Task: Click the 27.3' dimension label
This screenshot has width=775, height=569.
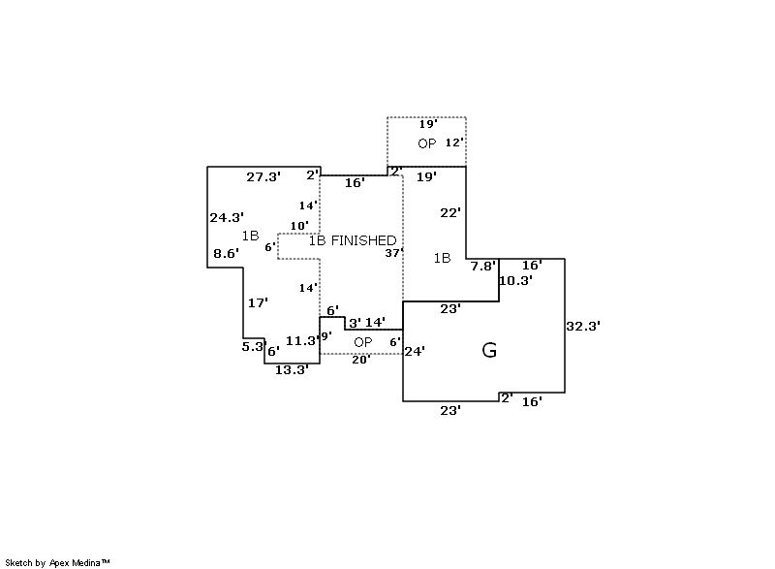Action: point(263,177)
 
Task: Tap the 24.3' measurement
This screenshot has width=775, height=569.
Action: point(227,218)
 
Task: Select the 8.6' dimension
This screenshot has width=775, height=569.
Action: point(226,254)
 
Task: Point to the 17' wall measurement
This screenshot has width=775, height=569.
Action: point(258,303)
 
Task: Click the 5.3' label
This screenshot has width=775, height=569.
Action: point(253,346)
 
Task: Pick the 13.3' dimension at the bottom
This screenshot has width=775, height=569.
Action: point(292,369)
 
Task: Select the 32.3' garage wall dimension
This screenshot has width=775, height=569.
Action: point(583,328)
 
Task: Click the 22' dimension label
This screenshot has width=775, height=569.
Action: point(450,213)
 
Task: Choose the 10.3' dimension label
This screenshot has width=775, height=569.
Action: point(515,281)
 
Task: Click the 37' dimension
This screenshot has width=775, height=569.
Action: point(392,253)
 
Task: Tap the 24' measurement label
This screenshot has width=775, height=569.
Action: point(415,351)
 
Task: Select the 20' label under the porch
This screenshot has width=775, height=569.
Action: point(360,360)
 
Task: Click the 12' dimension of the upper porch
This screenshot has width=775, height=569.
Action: point(454,142)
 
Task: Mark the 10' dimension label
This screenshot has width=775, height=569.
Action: point(299,226)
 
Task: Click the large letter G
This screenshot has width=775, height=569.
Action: point(489,351)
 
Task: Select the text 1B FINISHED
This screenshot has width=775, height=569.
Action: point(353,240)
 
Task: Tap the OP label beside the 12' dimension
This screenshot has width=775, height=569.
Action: point(427,143)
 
